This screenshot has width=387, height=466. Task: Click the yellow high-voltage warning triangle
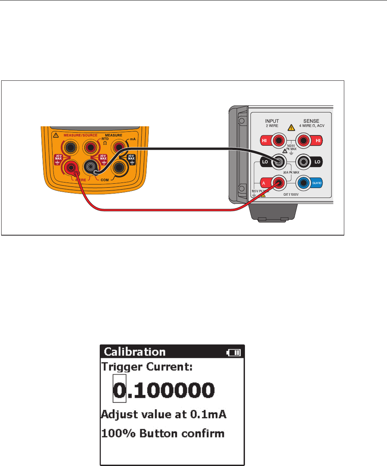click(291, 127)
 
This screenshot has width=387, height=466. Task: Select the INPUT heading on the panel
click(272, 121)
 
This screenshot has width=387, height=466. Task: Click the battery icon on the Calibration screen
click(233, 352)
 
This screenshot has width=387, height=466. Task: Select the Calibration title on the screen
click(135, 352)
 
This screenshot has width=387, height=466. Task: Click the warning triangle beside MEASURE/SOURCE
click(55, 135)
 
